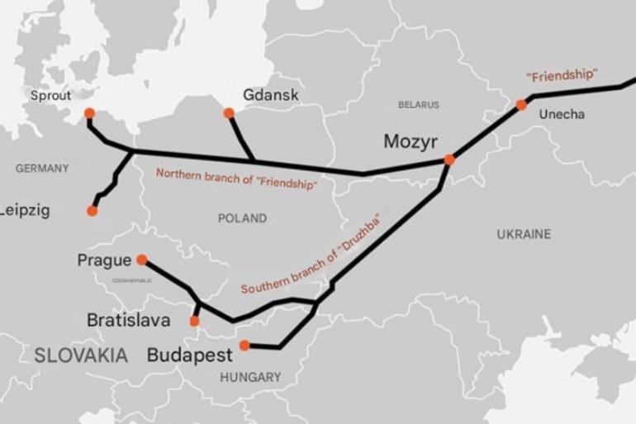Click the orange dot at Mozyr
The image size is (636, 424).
point(449,160)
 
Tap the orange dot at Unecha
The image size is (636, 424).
point(521,105)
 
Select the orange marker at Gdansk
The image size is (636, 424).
point(229,113)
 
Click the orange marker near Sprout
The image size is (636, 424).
point(89,114)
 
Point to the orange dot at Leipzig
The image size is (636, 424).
point(92,211)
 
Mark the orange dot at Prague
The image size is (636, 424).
point(142,260)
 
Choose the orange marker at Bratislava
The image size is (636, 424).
point(195,321)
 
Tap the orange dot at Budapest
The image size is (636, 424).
point(244,345)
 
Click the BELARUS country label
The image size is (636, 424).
point(419,105)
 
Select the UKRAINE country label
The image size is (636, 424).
point(524,235)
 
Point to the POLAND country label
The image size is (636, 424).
point(242,218)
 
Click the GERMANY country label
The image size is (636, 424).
point(42,169)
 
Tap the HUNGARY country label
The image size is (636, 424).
point(250,377)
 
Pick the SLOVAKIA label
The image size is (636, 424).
point(81,356)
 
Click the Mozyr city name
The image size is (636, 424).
point(411,141)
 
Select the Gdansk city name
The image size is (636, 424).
point(271,95)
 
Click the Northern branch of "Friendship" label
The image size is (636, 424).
point(236,179)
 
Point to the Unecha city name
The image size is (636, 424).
point(562,114)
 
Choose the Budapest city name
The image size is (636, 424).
point(190,355)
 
